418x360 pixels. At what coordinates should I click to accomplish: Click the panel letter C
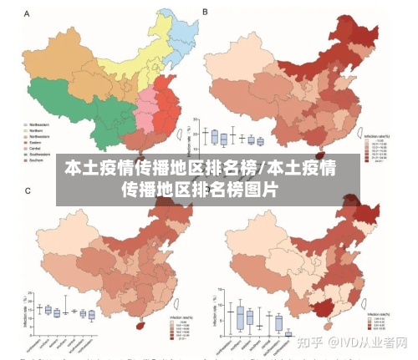pos(28,191)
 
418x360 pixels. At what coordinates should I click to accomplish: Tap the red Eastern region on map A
pos(167,109)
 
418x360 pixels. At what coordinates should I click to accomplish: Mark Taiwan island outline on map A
pos(185,131)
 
